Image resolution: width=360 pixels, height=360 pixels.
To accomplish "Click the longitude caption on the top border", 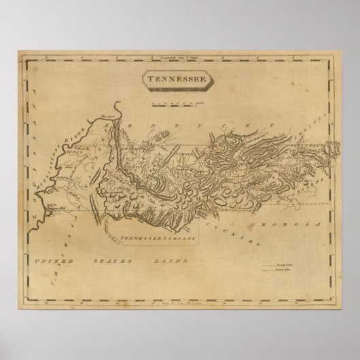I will [175, 62].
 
